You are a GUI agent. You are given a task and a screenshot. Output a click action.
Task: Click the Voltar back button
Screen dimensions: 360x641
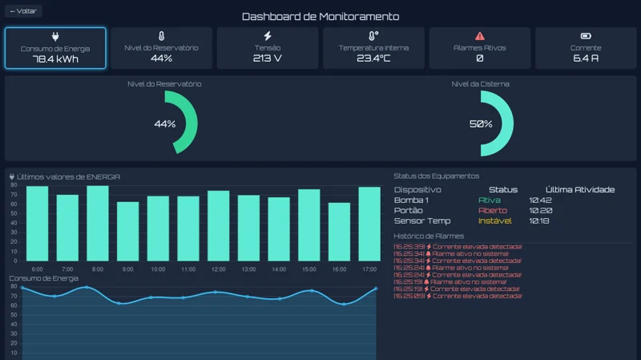pyautogui.click(x=23, y=11)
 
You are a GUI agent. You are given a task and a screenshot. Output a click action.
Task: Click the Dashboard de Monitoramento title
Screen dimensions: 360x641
pyautogui.click(x=320, y=16)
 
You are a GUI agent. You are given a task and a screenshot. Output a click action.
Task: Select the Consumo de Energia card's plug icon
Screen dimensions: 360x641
pyautogui.click(x=55, y=36)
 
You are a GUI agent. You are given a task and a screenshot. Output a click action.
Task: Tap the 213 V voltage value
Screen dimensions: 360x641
pyautogui.click(x=268, y=59)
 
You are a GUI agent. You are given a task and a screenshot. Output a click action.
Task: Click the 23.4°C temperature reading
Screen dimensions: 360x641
pyautogui.click(x=373, y=59)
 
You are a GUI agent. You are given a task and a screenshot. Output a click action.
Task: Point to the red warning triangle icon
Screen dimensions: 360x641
pyautogui.click(x=480, y=36)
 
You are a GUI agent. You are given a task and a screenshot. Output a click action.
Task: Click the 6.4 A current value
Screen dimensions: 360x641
pyautogui.click(x=586, y=59)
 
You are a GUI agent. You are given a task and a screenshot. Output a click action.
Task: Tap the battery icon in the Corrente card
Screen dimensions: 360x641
pyautogui.click(x=586, y=36)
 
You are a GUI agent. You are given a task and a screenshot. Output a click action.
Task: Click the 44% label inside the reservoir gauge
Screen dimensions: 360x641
pyautogui.click(x=164, y=123)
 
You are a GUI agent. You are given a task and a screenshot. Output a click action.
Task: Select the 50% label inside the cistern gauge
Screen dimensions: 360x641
pyautogui.click(x=481, y=123)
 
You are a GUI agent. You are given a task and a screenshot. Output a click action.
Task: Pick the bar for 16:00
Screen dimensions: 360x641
pyautogui.click(x=339, y=232)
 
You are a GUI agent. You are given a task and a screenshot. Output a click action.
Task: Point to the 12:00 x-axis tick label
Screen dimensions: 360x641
pyautogui.click(x=218, y=269)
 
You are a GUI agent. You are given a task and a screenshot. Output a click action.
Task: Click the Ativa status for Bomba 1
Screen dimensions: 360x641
pyautogui.click(x=489, y=200)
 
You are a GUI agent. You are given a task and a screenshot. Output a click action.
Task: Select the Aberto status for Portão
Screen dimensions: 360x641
pyautogui.click(x=493, y=210)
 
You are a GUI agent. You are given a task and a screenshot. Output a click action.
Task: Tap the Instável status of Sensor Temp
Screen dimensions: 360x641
pyautogui.click(x=494, y=220)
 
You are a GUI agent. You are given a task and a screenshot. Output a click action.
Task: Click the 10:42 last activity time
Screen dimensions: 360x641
pyautogui.click(x=540, y=200)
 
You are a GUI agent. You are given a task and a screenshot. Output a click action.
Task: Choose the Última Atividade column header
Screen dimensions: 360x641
pyautogui.click(x=579, y=189)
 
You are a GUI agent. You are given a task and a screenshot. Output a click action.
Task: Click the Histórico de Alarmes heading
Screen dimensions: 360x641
pyautogui.click(x=429, y=236)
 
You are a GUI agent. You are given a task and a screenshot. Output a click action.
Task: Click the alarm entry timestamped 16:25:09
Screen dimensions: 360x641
pyautogui.click(x=458, y=296)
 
